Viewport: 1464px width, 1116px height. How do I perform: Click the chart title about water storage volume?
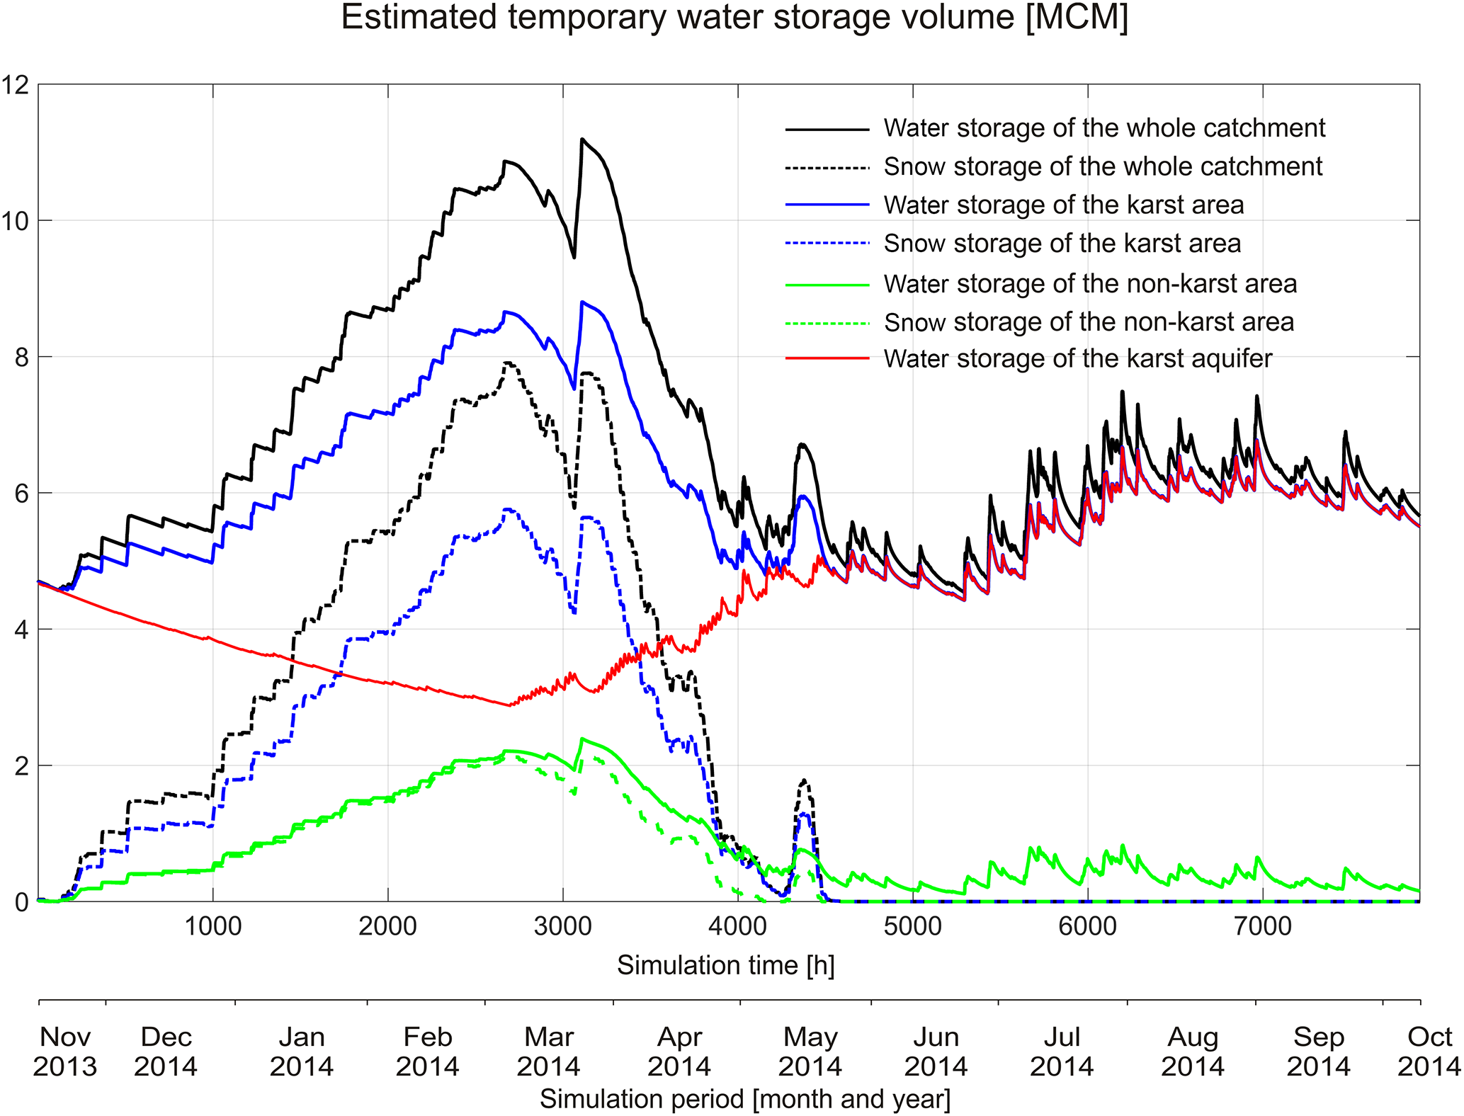pyautogui.click(x=734, y=17)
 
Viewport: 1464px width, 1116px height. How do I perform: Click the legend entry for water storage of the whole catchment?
pyautogui.click(x=1103, y=128)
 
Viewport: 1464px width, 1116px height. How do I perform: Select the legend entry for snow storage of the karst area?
pyautogui.click(x=1062, y=244)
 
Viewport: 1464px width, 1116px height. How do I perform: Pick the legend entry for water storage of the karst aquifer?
pyautogui.click(x=1077, y=359)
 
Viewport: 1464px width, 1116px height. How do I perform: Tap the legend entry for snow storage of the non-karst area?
pyautogui.click(x=1089, y=323)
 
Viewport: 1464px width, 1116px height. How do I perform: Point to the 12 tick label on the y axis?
pyautogui.click(x=16, y=85)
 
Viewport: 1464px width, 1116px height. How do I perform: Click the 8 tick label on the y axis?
pyautogui.click(x=21, y=358)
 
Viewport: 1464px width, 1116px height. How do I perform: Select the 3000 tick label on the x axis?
pyautogui.click(x=562, y=926)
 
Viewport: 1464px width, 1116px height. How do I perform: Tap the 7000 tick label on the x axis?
pyautogui.click(x=1263, y=926)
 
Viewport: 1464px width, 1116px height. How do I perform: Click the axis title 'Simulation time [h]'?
pyautogui.click(x=725, y=965)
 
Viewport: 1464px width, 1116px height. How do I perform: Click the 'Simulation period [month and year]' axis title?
pyautogui.click(x=745, y=1099)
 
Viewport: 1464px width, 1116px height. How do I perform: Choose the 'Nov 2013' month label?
pyautogui.click(x=65, y=1052)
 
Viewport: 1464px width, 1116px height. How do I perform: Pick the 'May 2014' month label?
pyautogui.click(x=810, y=1052)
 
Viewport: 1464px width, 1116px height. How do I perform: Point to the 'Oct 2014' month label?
pyautogui.click(x=1429, y=1052)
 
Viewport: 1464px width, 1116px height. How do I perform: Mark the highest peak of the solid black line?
pyautogui.click(x=582, y=139)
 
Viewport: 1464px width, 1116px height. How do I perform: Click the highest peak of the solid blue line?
pyautogui.click(x=582, y=302)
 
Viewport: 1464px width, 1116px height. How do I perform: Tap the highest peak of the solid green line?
pyautogui.click(x=582, y=739)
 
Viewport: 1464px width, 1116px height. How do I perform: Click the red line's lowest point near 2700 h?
pyautogui.click(x=509, y=705)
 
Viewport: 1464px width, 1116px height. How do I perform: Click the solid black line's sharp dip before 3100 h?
pyautogui.click(x=574, y=257)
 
